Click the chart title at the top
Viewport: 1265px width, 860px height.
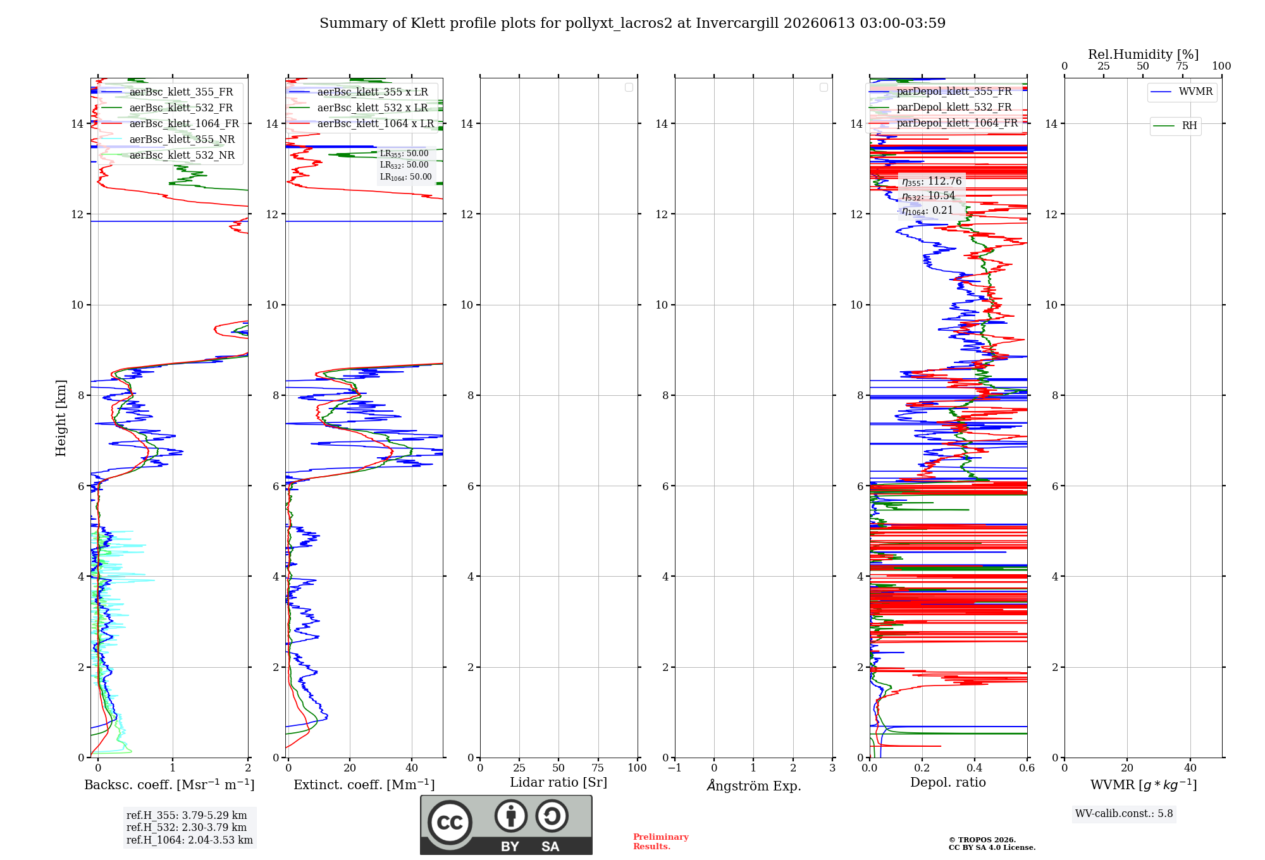pyautogui.click(x=632, y=23)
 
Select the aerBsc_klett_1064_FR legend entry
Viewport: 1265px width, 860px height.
pyautogui.click(x=170, y=123)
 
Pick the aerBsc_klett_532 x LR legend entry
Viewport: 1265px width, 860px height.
pyautogui.click(x=361, y=107)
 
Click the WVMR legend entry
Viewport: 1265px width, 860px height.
pyautogui.click(x=1182, y=92)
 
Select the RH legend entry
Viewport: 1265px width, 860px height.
pyautogui.click(x=1175, y=125)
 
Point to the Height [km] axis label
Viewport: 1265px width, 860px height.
pyautogui.click(x=61, y=418)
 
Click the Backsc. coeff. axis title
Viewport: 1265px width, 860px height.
pyautogui.click(x=170, y=785)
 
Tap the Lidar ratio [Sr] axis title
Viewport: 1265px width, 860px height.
pyautogui.click(x=558, y=783)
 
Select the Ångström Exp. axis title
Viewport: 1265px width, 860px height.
pyautogui.click(x=754, y=785)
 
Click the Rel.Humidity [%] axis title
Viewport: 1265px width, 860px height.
pyautogui.click(x=1144, y=54)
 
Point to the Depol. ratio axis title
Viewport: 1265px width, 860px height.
pyautogui.click(x=948, y=782)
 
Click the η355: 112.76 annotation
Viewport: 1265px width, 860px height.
pyautogui.click(x=932, y=181)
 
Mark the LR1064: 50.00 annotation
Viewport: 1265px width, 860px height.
pyautogui.click(x=406, y=177)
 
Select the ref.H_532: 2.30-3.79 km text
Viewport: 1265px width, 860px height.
pyautogui.click(x=187, y=827)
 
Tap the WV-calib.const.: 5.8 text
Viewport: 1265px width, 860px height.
pyautogui.click(x=1124, y=814)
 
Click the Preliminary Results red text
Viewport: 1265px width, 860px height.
pyautogui.click(x=661, y=842)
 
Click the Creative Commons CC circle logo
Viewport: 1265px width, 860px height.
pyautogui.click(x=450, y=822)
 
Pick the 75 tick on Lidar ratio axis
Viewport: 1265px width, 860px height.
pyautogui.click(x=598, y=768)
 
